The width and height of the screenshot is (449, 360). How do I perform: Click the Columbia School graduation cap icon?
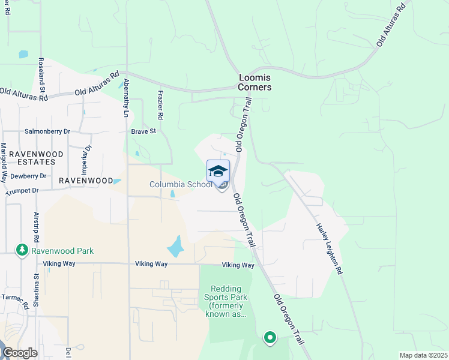click(x=218, y=171)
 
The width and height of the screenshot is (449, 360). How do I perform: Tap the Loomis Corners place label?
click(x=255, y=82)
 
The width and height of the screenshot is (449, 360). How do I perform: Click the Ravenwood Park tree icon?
click(x=22, y=249)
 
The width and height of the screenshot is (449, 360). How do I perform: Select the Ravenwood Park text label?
click(x=63, y=251)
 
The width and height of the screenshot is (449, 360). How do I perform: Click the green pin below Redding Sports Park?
click(x=270, y=338)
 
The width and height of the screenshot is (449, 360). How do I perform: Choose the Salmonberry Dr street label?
click(x=47, y=131)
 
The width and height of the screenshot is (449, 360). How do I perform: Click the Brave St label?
click(x=143, y=131)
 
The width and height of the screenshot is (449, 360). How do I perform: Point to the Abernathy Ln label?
click(x=126, y=97)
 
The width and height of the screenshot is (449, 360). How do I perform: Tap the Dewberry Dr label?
click(x=28, y=176)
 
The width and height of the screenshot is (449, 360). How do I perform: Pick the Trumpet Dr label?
click(x=22, y=191)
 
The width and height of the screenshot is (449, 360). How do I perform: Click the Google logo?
click(x=20, y=353)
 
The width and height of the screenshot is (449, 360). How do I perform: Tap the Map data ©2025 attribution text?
click(x=423, y=355)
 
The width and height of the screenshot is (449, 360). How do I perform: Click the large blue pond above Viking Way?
click(x=174, y=247)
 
